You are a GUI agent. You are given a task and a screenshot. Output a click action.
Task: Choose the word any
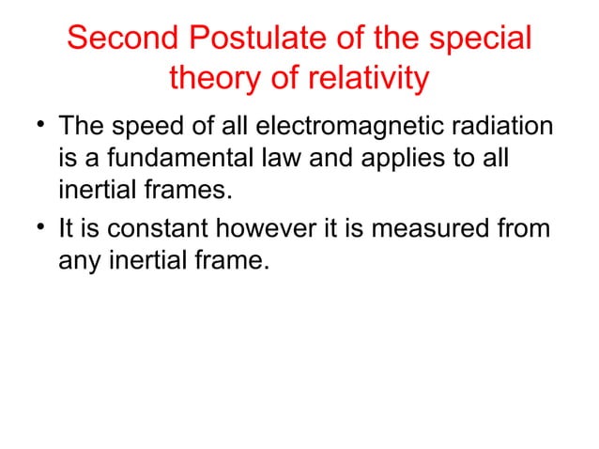pos(79,260)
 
